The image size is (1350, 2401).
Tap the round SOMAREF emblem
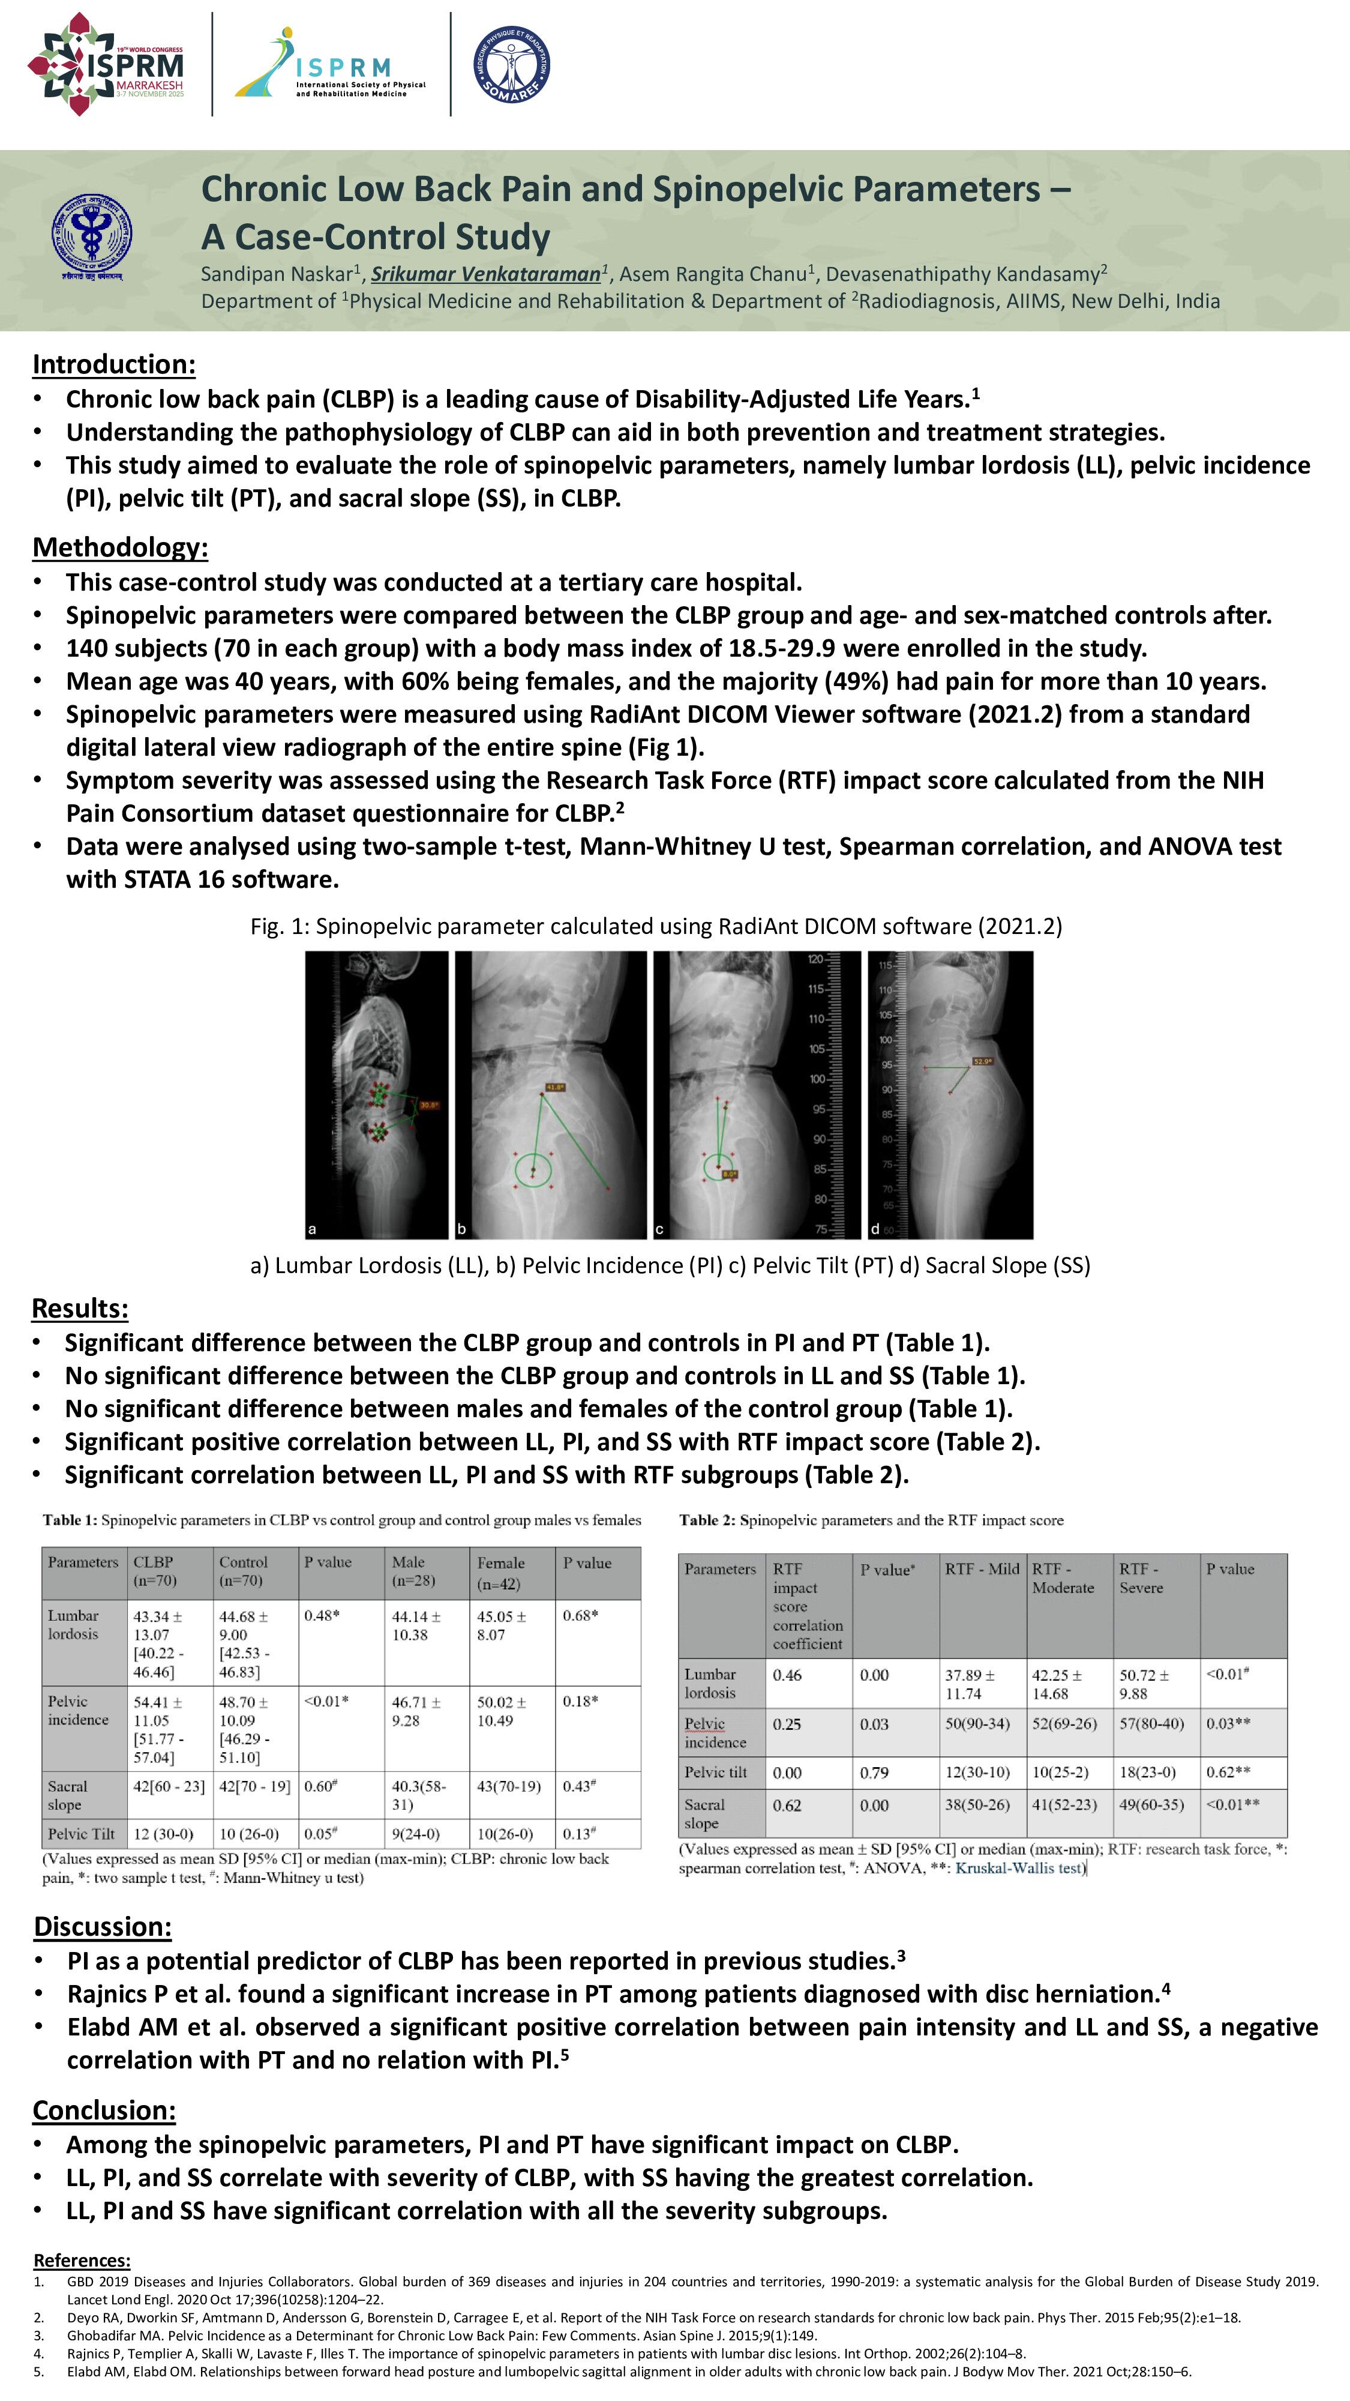point(511,64)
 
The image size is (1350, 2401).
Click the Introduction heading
point(113,364)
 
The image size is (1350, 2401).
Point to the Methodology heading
point(120,547)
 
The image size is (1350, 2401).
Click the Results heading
point(80,1308)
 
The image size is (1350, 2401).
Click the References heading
point(82,2261)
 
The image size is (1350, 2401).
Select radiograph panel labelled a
point(376,1094)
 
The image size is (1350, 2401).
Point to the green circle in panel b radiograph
point(533,1170)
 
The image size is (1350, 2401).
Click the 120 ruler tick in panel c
point(815,959)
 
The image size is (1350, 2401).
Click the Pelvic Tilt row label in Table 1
point(82,1833)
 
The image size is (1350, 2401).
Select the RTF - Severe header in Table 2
point(1141,1578)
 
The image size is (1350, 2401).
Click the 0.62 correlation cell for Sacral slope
point(787,1806)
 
